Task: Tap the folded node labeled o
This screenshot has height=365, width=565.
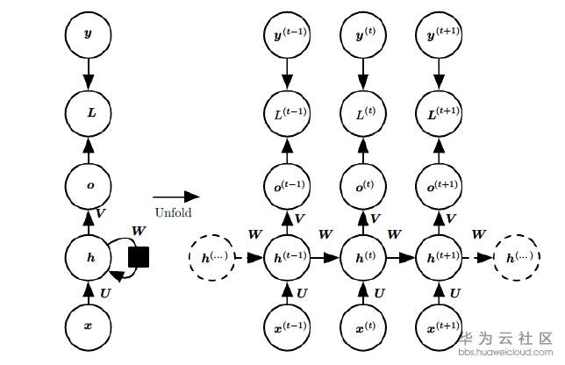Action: pyautogui.click(x=87, y=185)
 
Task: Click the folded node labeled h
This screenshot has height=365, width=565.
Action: pyautogui.click(x=87, y=257)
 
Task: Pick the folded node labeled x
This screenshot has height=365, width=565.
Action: pyautogui.click(x=87, y=326)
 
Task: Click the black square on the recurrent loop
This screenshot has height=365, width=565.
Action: pyautogui.click(x=139, y=256)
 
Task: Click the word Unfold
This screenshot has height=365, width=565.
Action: pyautogui.click(x=173, y=212)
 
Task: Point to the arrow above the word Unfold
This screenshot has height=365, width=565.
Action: pyautogui.click(x=175, y=197)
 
